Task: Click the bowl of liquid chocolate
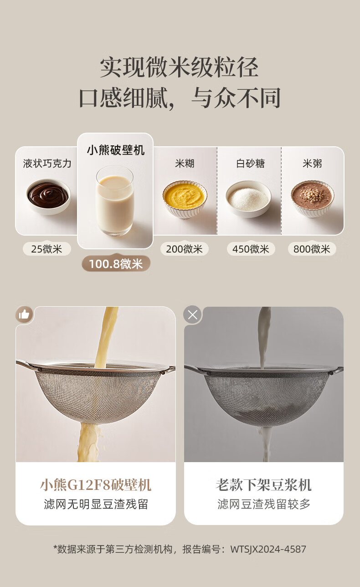coord(48,196)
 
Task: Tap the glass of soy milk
coord(115,201)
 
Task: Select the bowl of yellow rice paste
coord(185,199)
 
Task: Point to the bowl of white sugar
coord(248,199)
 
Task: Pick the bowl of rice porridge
coord(312,198)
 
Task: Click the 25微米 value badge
coord(47,249)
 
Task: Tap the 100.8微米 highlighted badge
coord(116,263)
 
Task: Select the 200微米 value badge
coord(185,249)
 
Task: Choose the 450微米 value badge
coord(251,249)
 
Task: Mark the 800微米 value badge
coord(312,249)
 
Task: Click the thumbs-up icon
coord(24,314)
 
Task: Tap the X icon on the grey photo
coord(193,314)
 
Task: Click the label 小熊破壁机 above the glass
coord(116,150)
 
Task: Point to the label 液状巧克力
coord(47,164)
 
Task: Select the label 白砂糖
coord(251,164)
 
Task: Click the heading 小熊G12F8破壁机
coord(96,485)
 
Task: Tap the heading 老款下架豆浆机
coord(263,485)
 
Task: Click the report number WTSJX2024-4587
coord(268,549)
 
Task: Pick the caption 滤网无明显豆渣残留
coord(96,504)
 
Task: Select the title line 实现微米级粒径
coord(180,67)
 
